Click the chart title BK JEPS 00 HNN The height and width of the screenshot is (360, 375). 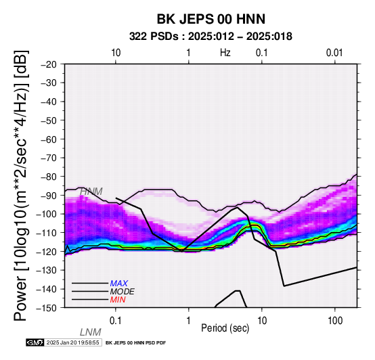tap(211, 19)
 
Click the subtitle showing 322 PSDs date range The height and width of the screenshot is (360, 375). tap(211, 37)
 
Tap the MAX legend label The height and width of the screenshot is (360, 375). tap(119, 284)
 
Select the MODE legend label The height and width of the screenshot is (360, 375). tap(123, 292)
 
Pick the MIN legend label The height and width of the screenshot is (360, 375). tap(118, 300)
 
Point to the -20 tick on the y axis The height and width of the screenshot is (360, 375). tap(49, 64)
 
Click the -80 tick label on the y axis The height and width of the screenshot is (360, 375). tap(49, 177)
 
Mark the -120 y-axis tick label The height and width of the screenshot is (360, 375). tap(47, 251)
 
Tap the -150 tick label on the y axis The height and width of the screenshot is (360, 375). tap(47, 307)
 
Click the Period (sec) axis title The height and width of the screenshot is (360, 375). tap(225, 328)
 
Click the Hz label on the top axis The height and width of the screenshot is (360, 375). tap(225, 53)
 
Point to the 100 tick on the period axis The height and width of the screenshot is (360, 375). tap(335, 321)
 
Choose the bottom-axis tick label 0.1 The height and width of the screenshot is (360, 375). tap(116, 321)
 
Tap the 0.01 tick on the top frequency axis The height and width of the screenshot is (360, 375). tap(334, 53)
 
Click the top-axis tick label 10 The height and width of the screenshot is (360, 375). tap(116, 53)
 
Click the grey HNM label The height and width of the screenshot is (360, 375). tap(91, 192)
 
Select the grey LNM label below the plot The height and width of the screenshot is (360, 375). tap(91, 332)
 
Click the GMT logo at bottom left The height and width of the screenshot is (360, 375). tap(35, 342)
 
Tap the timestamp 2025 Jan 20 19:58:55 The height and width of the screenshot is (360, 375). tap(72, 342)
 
